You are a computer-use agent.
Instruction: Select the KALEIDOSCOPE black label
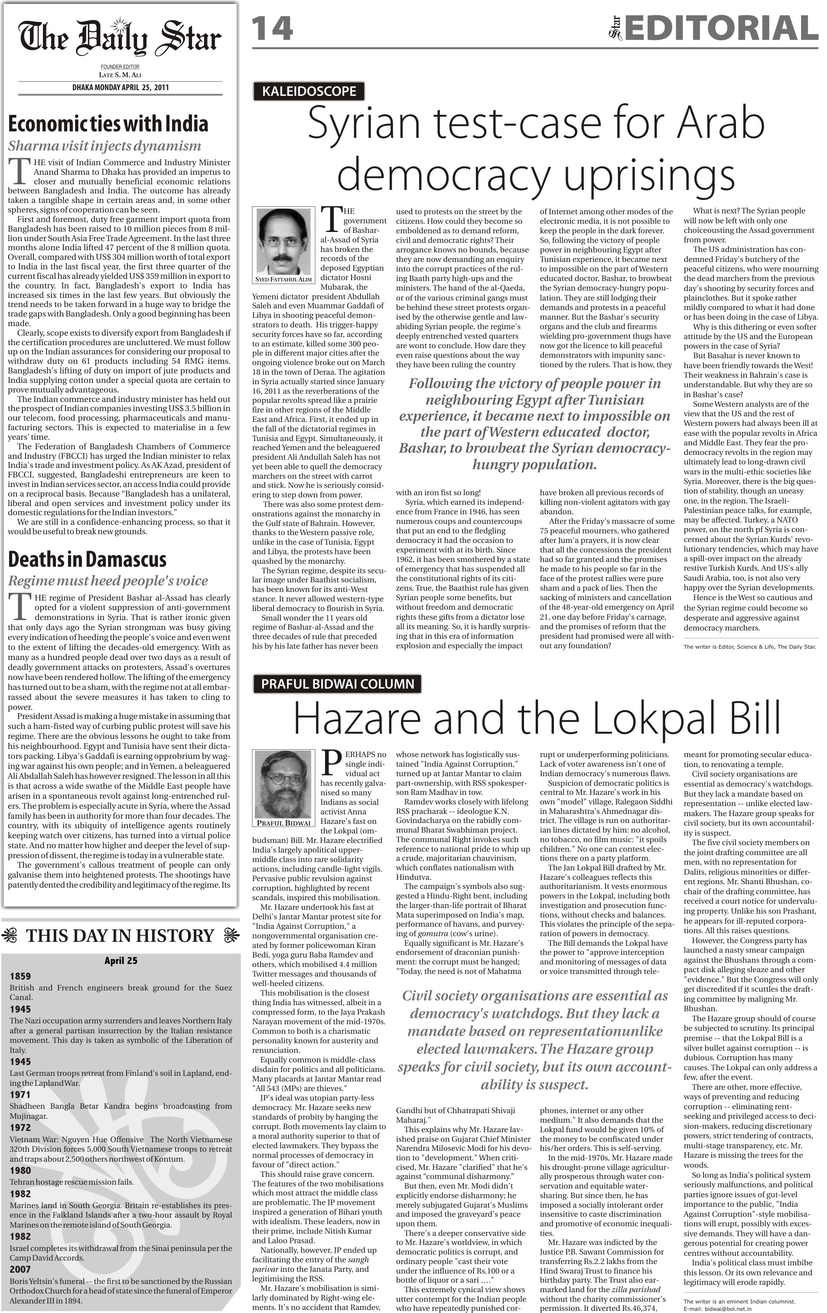(x=309, y=91)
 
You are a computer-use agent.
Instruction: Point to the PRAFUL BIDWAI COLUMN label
(x=338, y=684)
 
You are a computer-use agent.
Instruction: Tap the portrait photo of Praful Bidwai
(x=283, y=784)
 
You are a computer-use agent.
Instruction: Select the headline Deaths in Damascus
(x=87, y=559)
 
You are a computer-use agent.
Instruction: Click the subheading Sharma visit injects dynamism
(x=104, y=146)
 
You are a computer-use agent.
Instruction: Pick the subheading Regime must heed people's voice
(x=107, y=581)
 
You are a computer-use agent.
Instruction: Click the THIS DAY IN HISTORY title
(x=120, y=936)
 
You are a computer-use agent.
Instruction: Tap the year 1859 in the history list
(x=20, y=976)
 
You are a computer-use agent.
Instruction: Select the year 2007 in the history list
(x=20, y=1269)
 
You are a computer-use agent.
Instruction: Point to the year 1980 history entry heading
(x=20, y=1171)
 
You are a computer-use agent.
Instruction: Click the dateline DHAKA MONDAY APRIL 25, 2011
(x=120, y=87)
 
